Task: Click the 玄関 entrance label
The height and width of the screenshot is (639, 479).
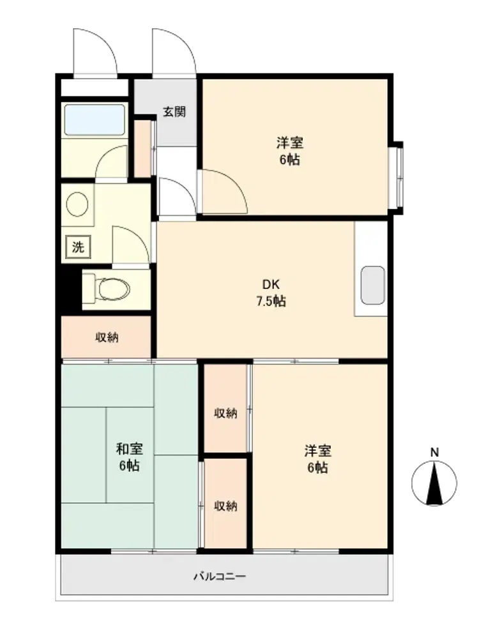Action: (x=174, y=111)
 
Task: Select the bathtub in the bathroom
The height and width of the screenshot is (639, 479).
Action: (x=95, y=120)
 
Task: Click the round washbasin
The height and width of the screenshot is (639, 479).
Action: (x=77, y=204)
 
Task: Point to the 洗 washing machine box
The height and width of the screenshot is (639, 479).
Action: (x=78, y=247)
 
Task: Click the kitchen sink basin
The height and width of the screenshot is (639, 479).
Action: (x=373, y=285)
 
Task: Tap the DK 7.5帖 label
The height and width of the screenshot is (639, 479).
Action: (x=271, y=293)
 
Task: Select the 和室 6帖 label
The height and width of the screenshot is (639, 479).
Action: (x=129, y=458)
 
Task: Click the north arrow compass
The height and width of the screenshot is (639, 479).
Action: (x=434, y=483)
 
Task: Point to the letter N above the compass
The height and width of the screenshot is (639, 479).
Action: (x=434, y=452)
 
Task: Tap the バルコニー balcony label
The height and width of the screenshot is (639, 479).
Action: (x=220, y=576)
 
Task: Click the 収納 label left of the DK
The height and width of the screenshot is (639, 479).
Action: (x=107, y=337)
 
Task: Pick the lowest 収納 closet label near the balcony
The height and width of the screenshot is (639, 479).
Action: (x=225, y=505)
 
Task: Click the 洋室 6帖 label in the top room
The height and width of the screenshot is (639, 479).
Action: (x=289, y=151)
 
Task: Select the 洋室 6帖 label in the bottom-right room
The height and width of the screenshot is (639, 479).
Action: (x=317, y=459)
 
